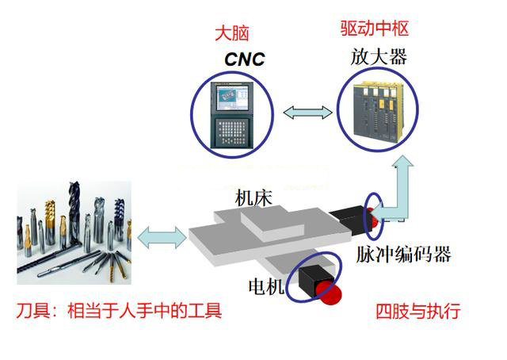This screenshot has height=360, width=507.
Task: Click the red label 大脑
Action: [232, 33]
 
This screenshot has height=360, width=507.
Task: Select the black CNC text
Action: [245, 59]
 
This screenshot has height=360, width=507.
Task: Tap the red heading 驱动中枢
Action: [375, 29]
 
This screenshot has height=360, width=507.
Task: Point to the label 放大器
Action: [379, 57]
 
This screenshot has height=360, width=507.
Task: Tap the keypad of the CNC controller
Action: [232, 132]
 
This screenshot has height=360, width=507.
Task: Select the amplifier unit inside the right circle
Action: [378, 112]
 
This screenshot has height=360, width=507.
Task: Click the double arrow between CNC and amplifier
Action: [307, 113]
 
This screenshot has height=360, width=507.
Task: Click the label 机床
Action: [253, 198]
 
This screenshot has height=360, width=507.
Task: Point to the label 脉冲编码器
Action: [403, 254]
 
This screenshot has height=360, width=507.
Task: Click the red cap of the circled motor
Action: [329, 293]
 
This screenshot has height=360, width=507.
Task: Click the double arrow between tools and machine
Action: [162, 238]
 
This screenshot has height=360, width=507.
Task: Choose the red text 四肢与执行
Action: [418, 312]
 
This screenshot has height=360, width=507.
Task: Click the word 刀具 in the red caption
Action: [33, 311]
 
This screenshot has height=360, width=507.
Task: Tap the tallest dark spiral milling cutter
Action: [74, 213]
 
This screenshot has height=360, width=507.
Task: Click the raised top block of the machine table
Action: [273, 224]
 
